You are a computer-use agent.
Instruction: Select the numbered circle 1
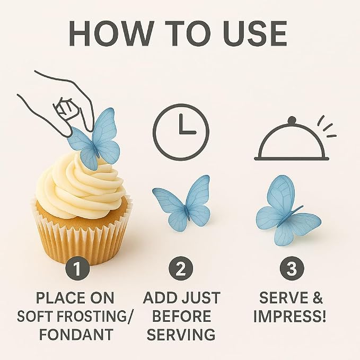coord(77,268)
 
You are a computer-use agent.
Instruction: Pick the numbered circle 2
coord(181,268)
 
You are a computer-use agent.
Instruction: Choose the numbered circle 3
coord(292,268)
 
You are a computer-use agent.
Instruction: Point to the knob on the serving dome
coord(292,120)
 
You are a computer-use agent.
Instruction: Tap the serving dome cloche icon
coord(292,138)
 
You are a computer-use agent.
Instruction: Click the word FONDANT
coord(76,334)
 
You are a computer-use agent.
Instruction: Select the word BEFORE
coord(181,316)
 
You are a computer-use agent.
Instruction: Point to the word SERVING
coord(181,334)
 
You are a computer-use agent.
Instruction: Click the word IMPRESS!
coord(289,316)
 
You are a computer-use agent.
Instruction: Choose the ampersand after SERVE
coord(318,298)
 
